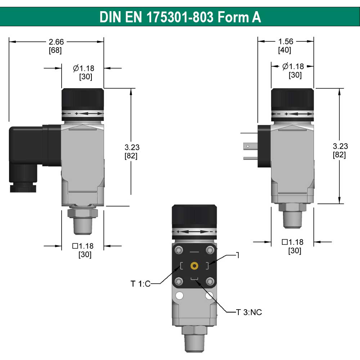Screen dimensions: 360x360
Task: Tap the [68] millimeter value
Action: (x=55, y=50)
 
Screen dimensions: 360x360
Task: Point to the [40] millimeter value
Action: (x=284, y=50)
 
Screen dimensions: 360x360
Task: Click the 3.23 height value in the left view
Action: (x=132, y=147)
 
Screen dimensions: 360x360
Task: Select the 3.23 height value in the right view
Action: (x=340, y=146)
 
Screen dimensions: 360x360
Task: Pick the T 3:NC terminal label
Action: (x=249, y=312)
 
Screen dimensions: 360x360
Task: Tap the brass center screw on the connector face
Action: (x=194, y=266)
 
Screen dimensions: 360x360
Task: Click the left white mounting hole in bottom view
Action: (x=179, y=296)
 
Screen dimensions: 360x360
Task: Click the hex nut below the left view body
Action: (x=82, y=213)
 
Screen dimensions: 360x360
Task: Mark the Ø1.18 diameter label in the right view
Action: (x=293, y=66)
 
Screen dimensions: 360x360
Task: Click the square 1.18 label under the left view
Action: (x=83, y=246)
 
